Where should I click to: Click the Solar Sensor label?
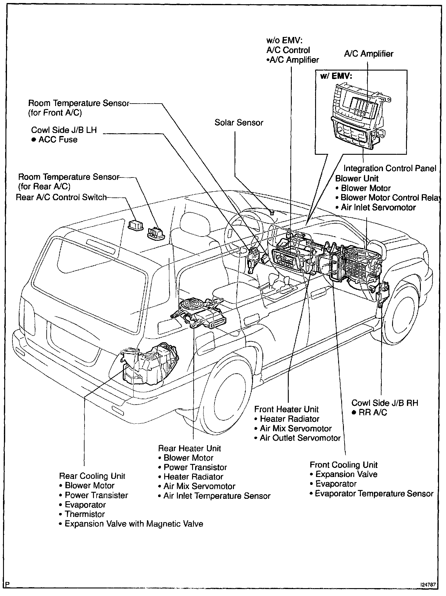239,123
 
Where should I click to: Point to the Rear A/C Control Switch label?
61,197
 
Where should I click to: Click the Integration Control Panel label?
390,168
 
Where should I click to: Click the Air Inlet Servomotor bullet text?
378,207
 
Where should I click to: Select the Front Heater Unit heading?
286,409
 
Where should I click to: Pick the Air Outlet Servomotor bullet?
300,438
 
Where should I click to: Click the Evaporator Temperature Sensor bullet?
374,494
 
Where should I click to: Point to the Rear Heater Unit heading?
190,448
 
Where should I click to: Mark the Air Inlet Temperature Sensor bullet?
217,496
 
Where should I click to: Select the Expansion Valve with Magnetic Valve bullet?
134,524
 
